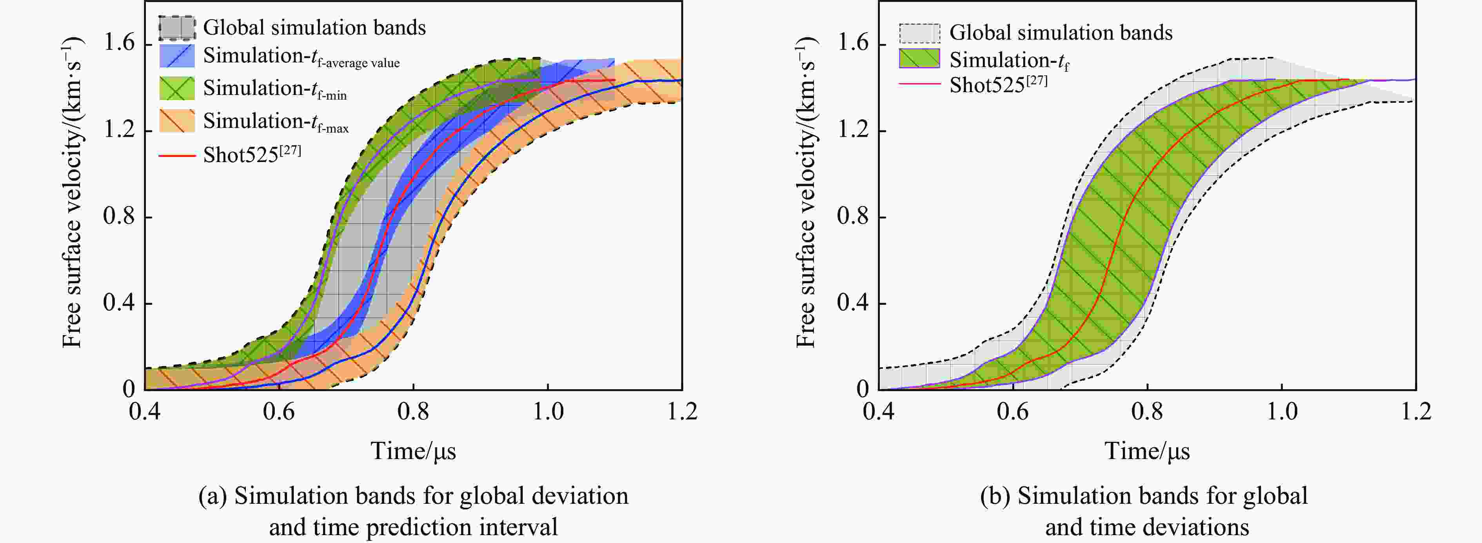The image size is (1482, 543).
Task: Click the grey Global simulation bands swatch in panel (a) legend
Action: pyautogui.click(x=177, y=27)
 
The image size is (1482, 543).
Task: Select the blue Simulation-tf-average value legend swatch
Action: pyautogui.click(x=177, y=56)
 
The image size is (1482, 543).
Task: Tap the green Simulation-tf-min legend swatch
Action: pyautogui.click(x=177, y=88)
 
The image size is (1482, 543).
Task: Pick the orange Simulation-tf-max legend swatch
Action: pyautogui.click(x=177, y=121)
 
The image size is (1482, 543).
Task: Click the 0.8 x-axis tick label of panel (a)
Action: pyautogui.click(x=413, y=411)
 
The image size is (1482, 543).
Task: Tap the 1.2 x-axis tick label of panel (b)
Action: pyautogui.click(x=1415, y=411)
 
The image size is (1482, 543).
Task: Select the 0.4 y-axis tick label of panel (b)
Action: pyautogui.click(x=853, y=303)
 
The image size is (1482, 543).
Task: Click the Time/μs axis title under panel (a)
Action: pyautogui.click(x=413, y=451)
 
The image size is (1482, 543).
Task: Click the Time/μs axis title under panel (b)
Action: pyautogui.click(x=1147, y=451)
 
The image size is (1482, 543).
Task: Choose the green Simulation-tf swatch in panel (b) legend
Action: pyautogui.click(x=919, y=59)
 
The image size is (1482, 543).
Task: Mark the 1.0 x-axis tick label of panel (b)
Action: pyautogui.click(x=1282, y=411)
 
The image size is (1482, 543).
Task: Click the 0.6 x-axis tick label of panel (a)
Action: pyautogui.click(x=279, y=411)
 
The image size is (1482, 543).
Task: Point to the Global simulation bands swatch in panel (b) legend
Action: pyautogui.click(x=919, y=33)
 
